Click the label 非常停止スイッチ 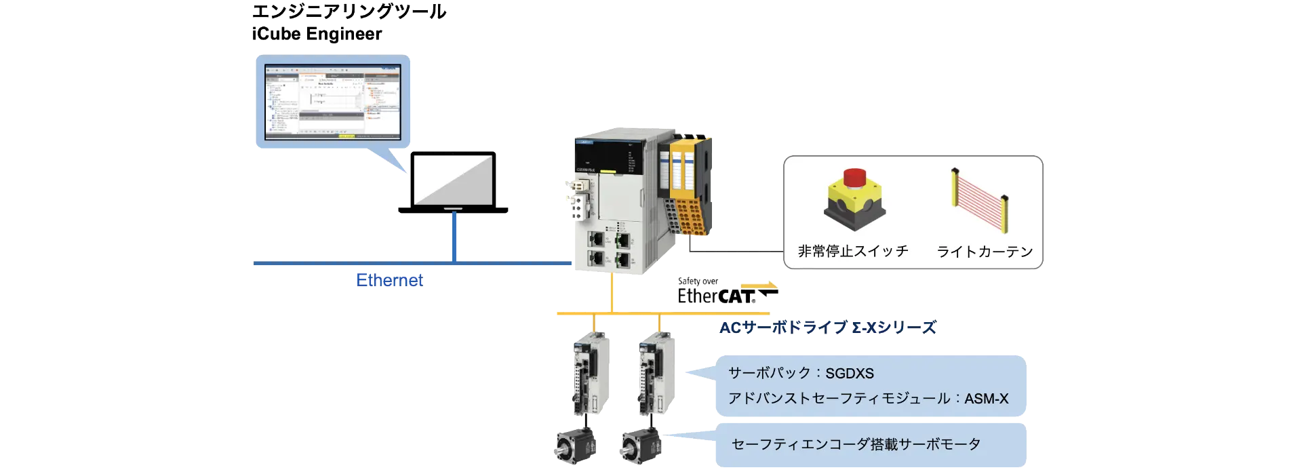tap(853, 252)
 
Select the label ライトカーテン tap(985, 252)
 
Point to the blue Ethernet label tap(389, 280)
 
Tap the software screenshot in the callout tap(332, 102)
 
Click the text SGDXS tap(850, 374)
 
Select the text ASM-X tap(986, 399)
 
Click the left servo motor tap(575, 445)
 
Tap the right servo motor tap(639, 445)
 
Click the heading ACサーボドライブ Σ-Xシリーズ tap(827, 329)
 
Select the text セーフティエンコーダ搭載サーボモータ tap(856, 445)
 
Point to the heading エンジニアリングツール tap(349, 12)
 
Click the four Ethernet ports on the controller tap(610, 248)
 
